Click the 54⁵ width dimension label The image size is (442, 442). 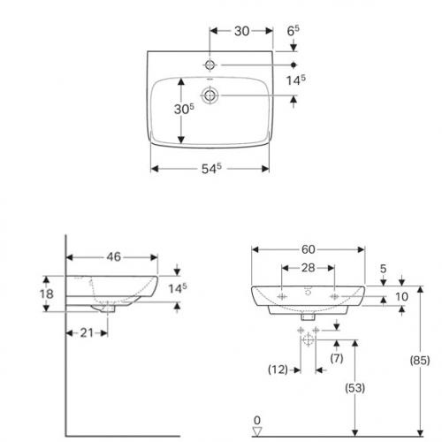(x=211, y=168)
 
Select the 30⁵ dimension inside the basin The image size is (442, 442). (x=184, y=109)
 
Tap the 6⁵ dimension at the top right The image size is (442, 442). (x=293, y=31)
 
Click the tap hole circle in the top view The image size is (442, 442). (x=210, y=65)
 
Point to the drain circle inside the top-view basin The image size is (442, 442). (x=210, y=95)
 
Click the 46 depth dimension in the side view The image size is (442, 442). (x=114, y=256)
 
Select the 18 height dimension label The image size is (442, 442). (x=47, y=293)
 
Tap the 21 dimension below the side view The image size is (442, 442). (x=87, y=333)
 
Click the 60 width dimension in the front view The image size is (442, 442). (x=309, y=249)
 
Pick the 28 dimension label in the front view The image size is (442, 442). (x=309, y=268)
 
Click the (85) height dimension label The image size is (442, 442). (x=420, y=360)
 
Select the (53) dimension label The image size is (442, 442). (x=355, y=388)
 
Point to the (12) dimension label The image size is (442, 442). (x=278, y=370)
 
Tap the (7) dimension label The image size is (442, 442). (x=337, y=358)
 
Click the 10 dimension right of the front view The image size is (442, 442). (x=402, y=297)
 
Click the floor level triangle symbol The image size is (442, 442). (x=257, y=431)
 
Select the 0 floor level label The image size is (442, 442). (x=257, y=420)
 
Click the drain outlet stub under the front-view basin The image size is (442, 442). (x=308, y=317)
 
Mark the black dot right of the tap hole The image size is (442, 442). (x=293, y=65)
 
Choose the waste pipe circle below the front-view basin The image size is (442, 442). (x=308, y=339)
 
